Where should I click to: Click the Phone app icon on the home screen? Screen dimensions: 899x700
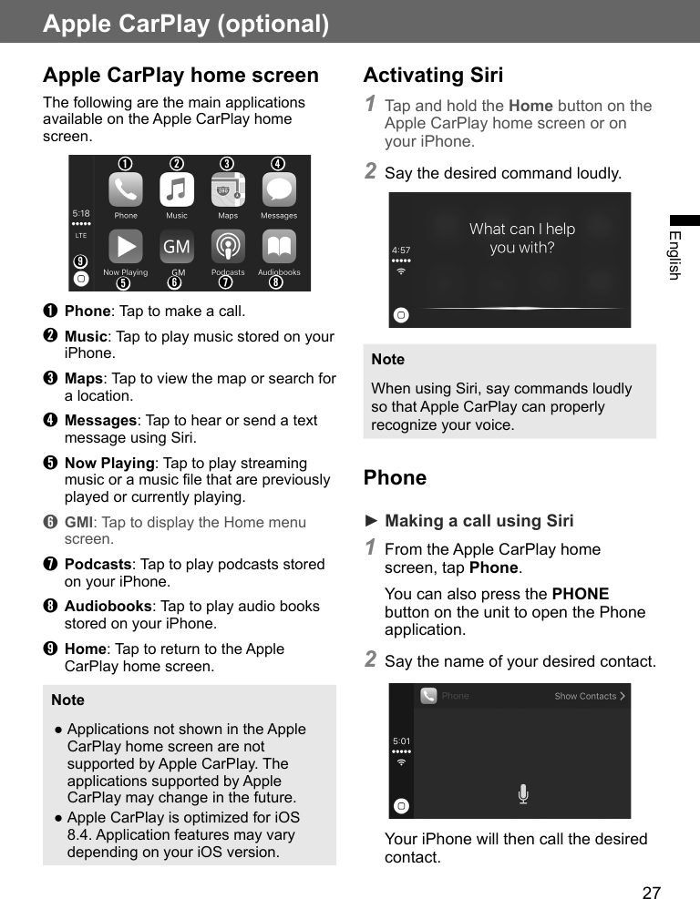pos(126,190)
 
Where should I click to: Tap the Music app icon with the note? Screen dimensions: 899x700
pos(177,190)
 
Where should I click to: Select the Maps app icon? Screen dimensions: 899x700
pos(228,190)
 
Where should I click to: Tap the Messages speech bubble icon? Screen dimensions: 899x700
pos(279,190)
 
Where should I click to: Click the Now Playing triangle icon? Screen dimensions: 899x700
pos(126,247)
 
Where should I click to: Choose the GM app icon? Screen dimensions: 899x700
pos(177,247)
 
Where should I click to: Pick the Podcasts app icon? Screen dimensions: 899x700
pos(228,247)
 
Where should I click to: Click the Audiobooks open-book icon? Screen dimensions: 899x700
pos(279,247)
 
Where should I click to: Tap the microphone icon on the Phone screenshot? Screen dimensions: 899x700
pos(523,794)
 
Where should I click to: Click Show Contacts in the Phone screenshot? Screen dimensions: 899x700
pos(589,696)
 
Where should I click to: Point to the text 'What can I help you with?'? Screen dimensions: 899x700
pos(522,238)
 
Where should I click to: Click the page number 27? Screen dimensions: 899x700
pos(651,893)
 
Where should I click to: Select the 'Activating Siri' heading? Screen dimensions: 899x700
pos(433,76)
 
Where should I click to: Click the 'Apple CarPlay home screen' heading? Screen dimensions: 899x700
pos(180,76)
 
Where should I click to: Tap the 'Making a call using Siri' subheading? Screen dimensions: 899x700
pos(479,521)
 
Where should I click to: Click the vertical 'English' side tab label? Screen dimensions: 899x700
pos(674,255)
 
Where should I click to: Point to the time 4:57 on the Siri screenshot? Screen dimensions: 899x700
pos(401,250)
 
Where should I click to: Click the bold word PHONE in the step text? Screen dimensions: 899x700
pos(581,594)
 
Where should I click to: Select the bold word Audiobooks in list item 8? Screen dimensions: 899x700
pos(108,607)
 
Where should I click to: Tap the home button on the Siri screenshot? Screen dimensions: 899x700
pos(401,315)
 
